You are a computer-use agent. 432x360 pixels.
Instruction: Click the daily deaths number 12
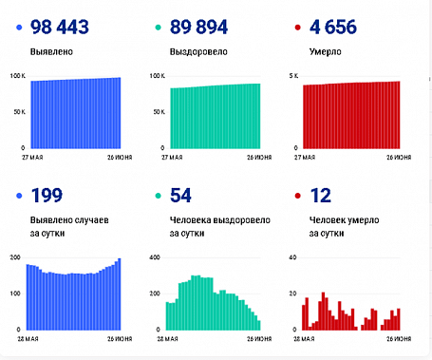(323, 197)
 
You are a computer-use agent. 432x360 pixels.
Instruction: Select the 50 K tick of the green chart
(156, 112)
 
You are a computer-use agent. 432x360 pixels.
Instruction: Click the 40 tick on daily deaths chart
(292, 257)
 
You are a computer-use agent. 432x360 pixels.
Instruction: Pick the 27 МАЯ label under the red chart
(306, 155)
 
